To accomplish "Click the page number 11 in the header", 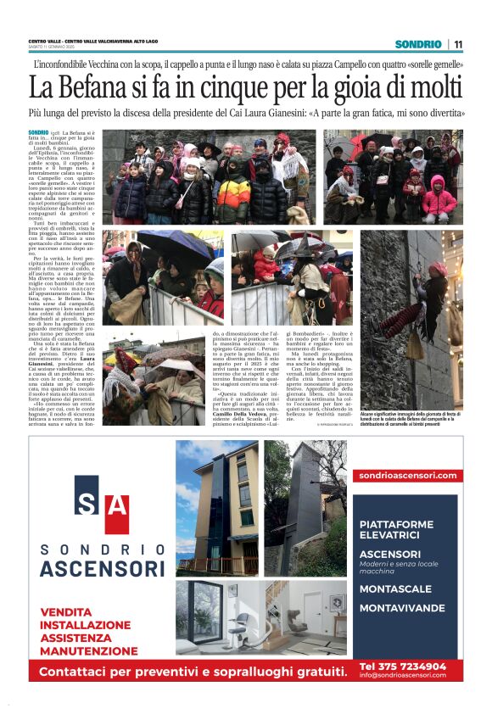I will tap(458, 44).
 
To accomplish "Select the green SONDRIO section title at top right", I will tap(418, 44).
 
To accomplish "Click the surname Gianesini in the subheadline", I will tap(279, 111).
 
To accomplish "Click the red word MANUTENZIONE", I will tap(88, 651).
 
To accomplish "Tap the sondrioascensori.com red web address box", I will tap(407, 476).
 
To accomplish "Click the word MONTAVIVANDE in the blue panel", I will tap(402, 608).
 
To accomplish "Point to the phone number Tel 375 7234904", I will tap(402, 667).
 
